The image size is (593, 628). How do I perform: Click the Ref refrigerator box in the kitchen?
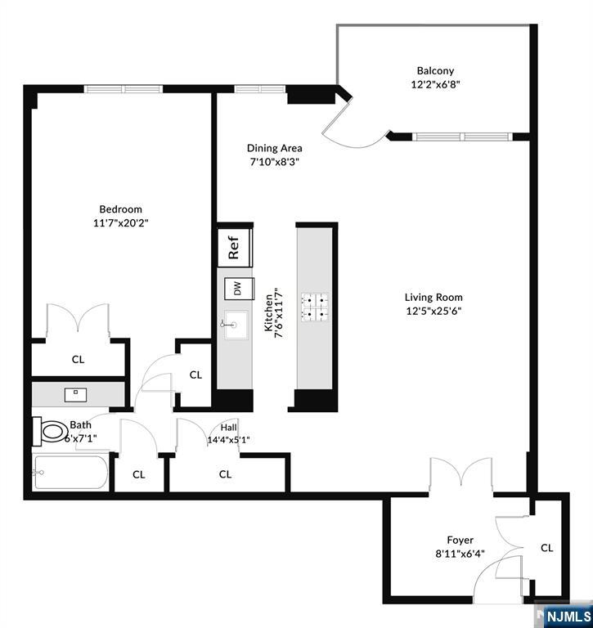pos(234,246)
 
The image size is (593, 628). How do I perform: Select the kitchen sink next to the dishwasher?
pos(236,325)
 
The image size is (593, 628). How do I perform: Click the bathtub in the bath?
pos(70,473)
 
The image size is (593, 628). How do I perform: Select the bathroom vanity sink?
pos(76,393)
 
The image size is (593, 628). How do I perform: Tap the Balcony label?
pos(434,71)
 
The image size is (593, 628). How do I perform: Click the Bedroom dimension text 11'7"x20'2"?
pos(121,222)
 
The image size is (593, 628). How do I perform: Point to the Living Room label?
pos(434,298)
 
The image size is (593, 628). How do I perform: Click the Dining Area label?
pos(275,148)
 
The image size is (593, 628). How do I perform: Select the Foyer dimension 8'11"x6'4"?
pos(459,554)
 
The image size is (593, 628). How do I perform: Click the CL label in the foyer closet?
pos(546,548)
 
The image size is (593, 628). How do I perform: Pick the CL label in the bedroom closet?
pos(78,359)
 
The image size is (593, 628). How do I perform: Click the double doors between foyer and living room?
pos(462,478)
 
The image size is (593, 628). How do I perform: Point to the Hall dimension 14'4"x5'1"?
pos(229,439)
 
